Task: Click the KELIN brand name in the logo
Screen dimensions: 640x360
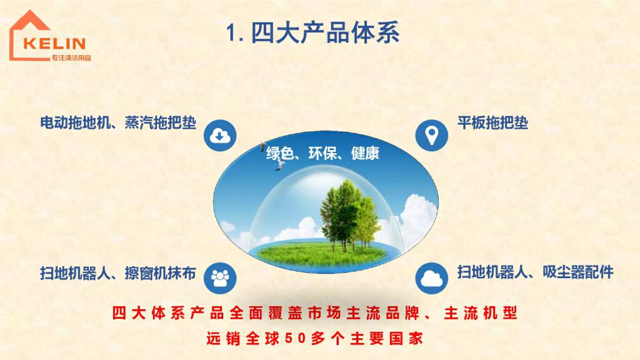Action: click(55, 43)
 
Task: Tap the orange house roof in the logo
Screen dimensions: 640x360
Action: click(29, 21)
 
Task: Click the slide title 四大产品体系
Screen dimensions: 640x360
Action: click(325, 32)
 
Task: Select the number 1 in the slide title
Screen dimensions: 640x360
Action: click(232, 32)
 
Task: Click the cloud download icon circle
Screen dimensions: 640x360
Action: click(220, 136)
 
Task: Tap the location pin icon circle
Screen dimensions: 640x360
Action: click(431, 136)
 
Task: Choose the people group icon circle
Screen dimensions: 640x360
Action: click(220, 278)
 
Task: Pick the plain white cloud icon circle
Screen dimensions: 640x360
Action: click(431, 278)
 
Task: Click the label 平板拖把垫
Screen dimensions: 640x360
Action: click(492, 122)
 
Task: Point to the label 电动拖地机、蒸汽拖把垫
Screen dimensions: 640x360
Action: click(118, 122)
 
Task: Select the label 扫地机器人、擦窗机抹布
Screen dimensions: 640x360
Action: click(118, 273)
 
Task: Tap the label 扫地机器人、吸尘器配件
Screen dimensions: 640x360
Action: click(535, 272)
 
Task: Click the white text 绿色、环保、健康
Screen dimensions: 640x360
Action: click(323, 154)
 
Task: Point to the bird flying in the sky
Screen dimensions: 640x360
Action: click(280, 164)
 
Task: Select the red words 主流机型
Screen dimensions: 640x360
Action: click(481, 313)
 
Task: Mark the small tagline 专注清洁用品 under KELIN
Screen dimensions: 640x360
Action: click(71, 58)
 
